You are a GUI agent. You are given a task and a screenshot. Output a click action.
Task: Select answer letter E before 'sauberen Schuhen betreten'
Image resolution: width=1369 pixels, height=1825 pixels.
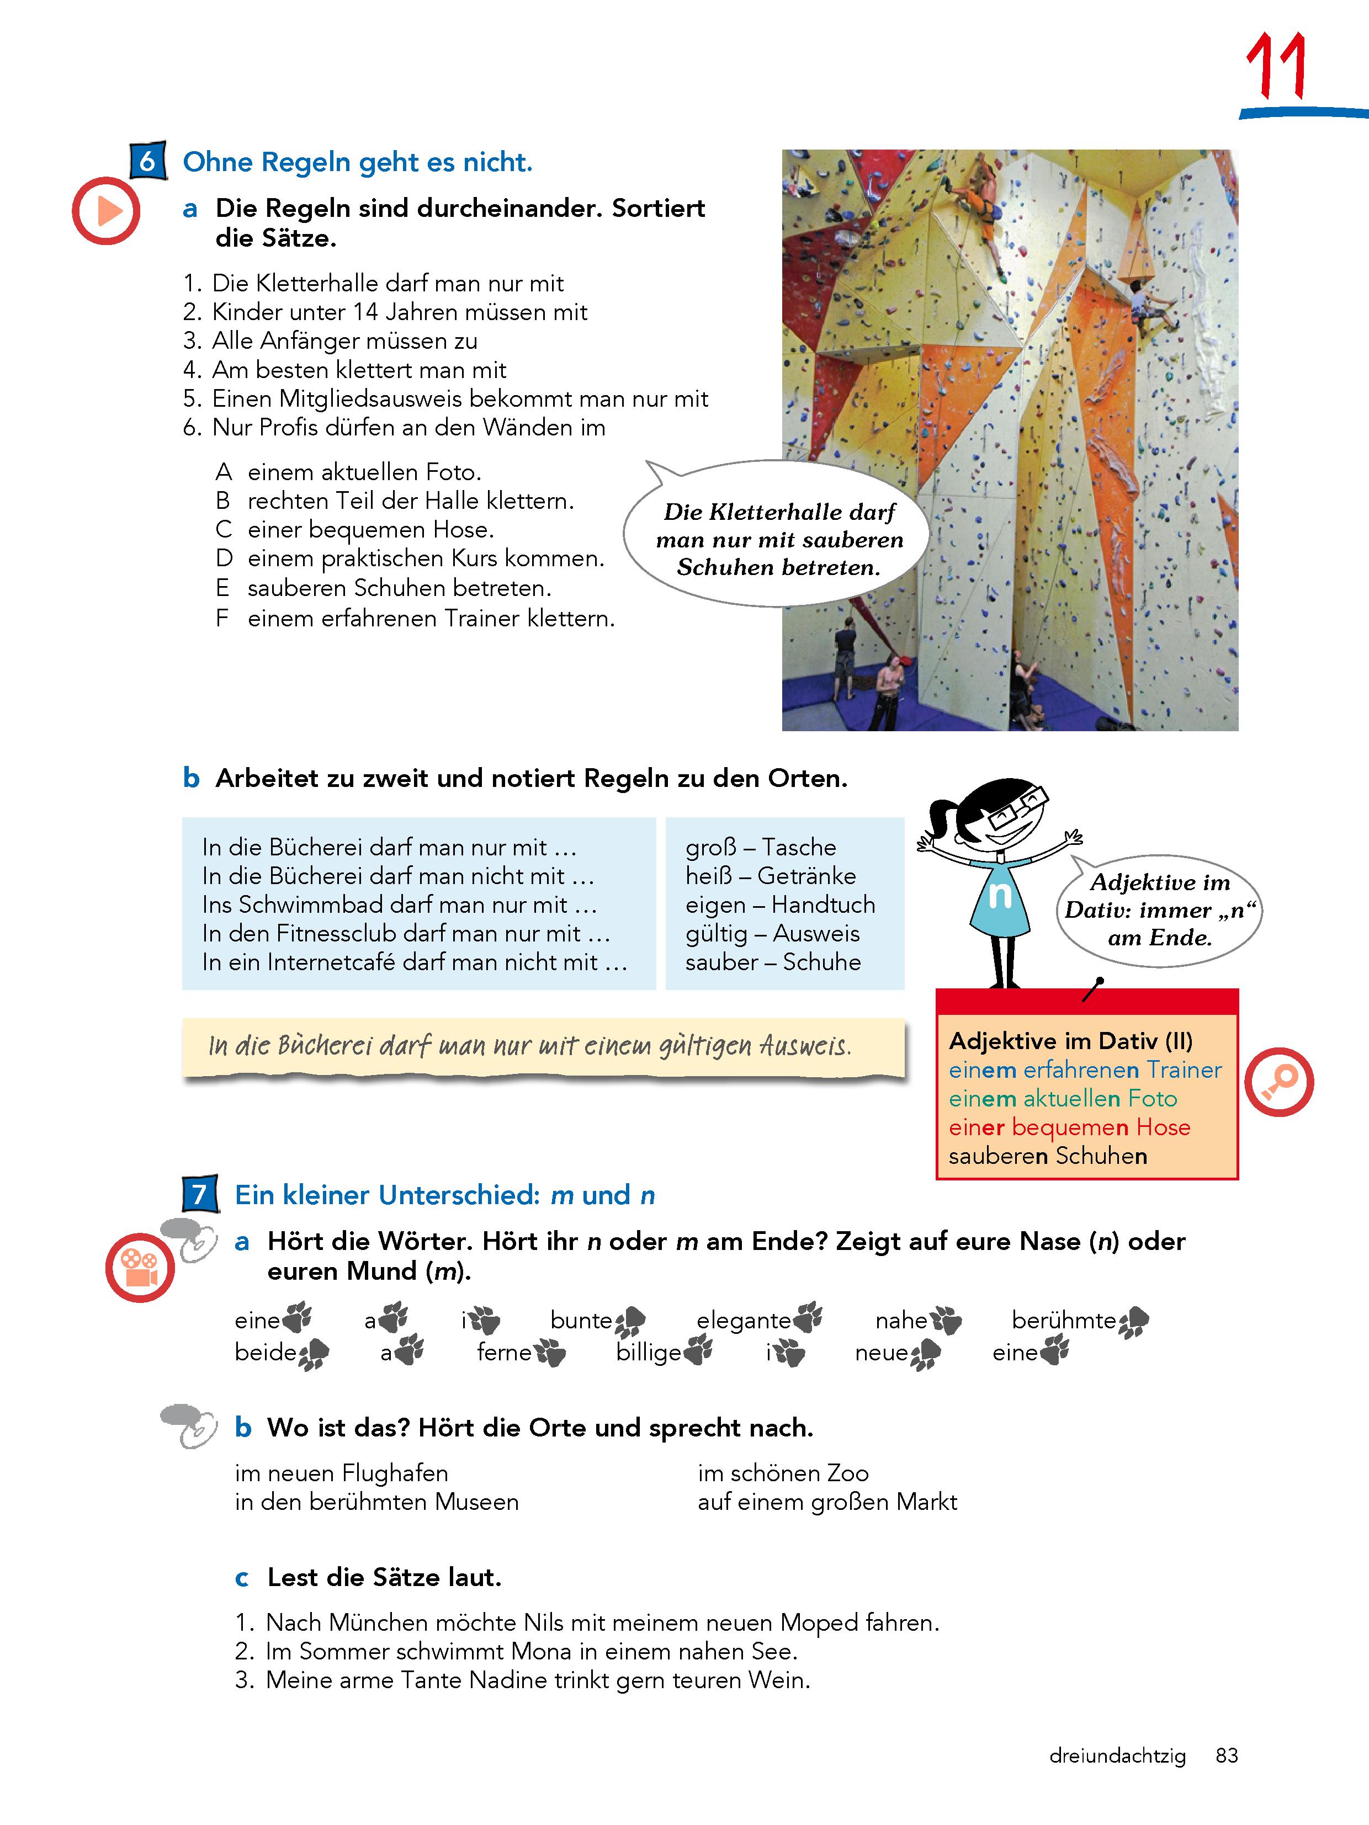coord(222,588)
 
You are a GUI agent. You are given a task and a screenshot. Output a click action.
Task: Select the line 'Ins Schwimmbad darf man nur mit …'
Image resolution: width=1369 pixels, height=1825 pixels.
coord(400,905)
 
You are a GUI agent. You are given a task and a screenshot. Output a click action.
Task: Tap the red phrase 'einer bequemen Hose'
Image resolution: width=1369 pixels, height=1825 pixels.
coord(1069,1128)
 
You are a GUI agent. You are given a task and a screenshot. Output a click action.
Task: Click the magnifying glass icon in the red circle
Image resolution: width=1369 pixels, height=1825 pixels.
coord(1278,1082)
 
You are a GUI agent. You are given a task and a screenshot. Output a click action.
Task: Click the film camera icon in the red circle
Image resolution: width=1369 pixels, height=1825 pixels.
coord(140,1268)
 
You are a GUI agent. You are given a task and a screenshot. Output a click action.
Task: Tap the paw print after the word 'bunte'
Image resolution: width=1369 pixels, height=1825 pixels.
coord(630,1322)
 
